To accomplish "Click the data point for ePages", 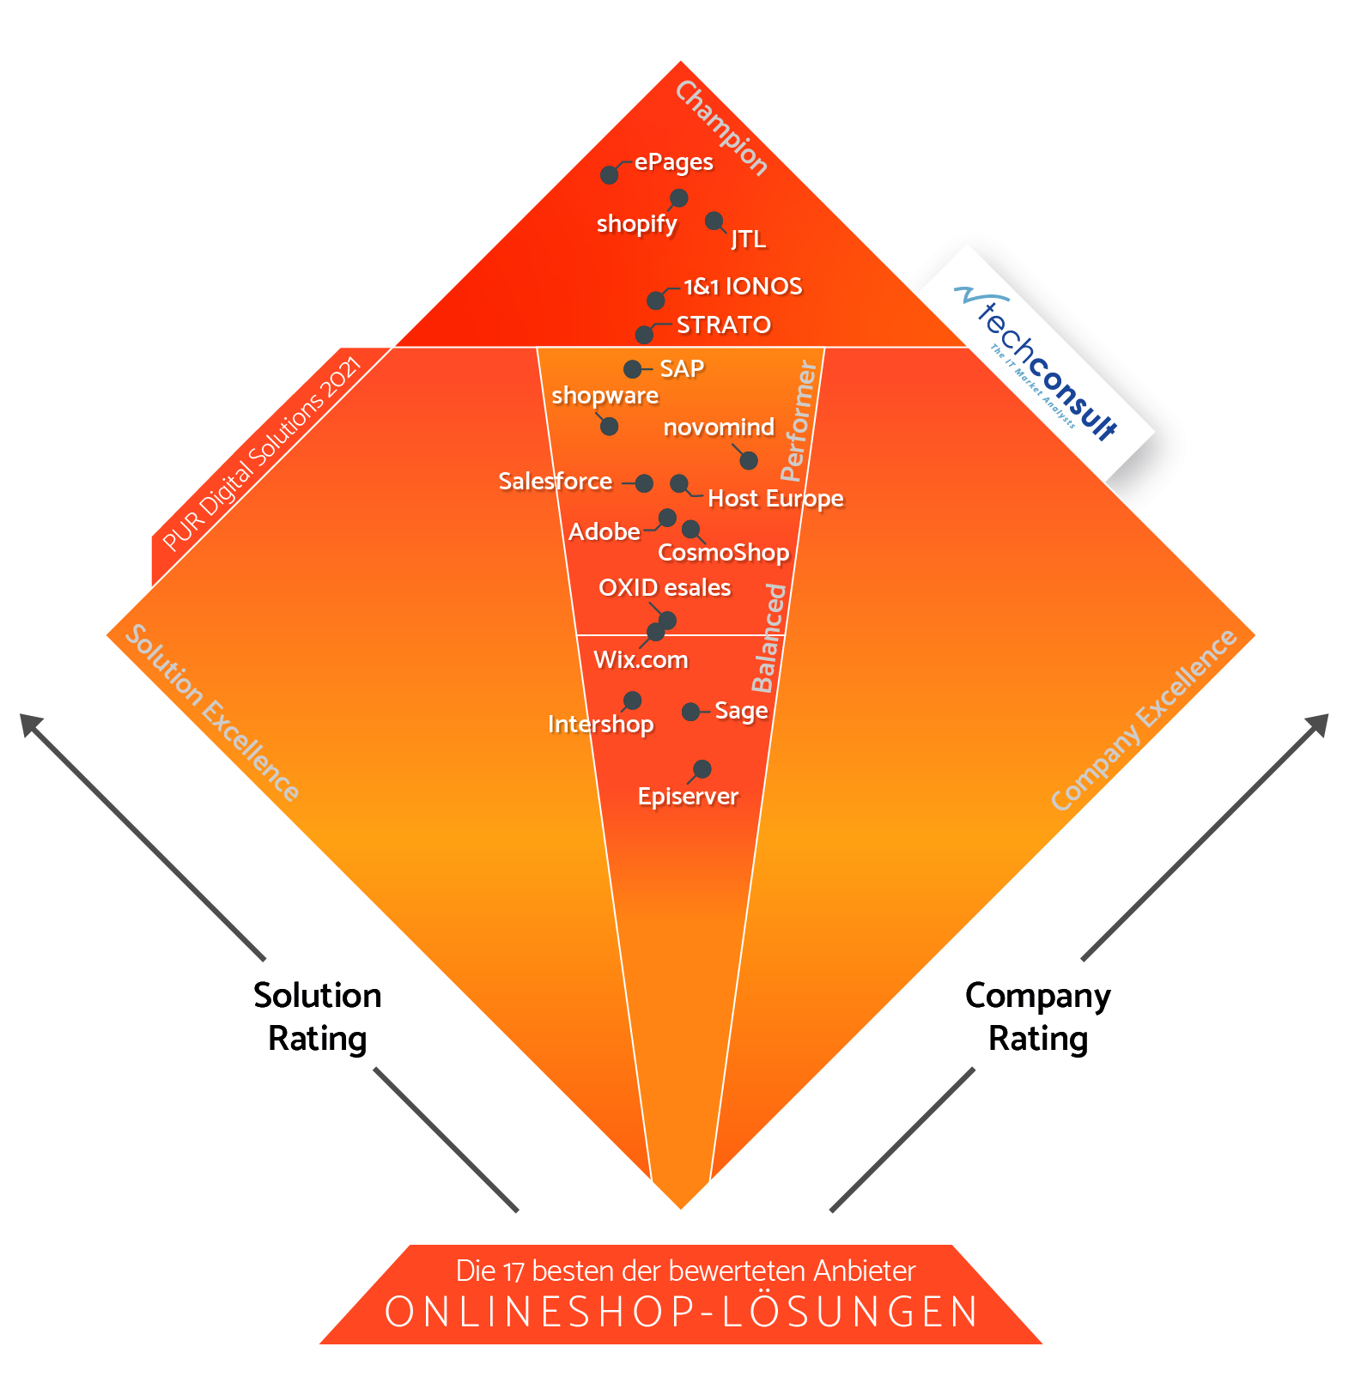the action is click(610, 175).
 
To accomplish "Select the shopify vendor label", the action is click(637, 224).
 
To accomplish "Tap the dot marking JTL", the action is click(714, 221).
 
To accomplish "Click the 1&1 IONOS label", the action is click(743, 286).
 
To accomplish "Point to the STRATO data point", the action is click(644, 334).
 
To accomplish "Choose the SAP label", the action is click(682, 368).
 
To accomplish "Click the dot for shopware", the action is click(609, 426).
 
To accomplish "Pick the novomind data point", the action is click(749, 460).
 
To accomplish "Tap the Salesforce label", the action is click(556, 481).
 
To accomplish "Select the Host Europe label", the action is click(775, 499).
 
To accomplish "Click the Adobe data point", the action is click(667, 518).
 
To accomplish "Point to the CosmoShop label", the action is click(723, 552).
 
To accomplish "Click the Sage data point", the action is click(690, 712).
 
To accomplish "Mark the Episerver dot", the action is click(702, 768).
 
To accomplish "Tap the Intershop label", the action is click(601, 724).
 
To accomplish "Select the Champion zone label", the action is click(721, 128).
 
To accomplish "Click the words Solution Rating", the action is click(318, 1017).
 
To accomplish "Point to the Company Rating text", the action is click(1038, 1017).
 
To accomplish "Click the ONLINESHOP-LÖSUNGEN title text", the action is click(682, 1312).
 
